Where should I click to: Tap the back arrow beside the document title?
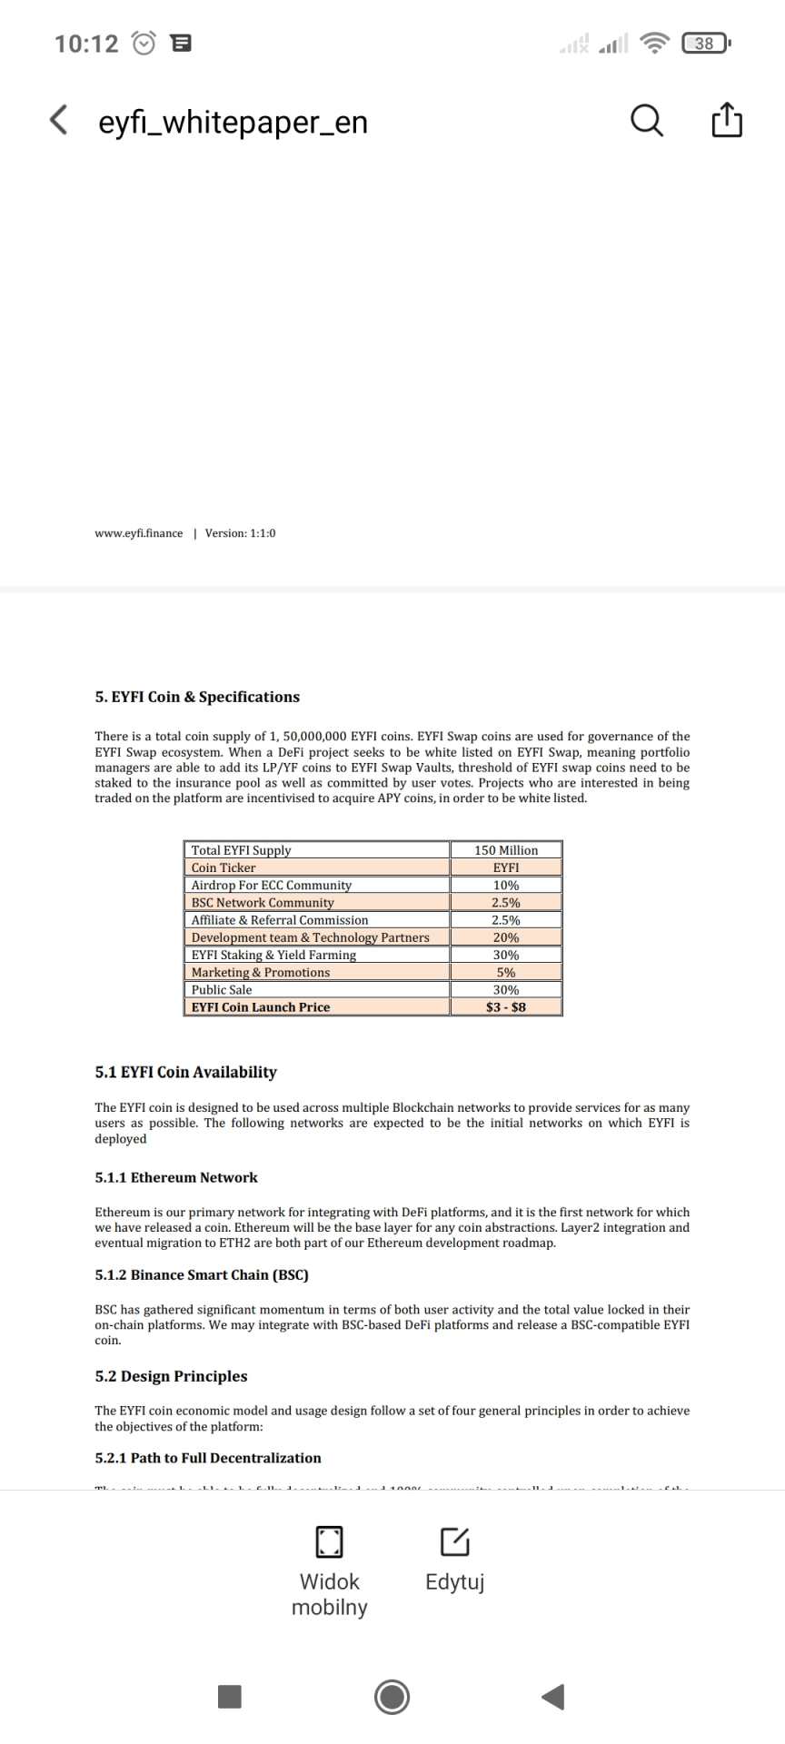point(59,120)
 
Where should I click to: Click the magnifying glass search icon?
point(646,120)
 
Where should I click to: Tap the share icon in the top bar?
point(727,120)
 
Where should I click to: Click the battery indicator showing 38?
point(705,43)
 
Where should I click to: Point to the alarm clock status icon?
point(144,43)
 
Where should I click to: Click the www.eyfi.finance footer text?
point(138,533)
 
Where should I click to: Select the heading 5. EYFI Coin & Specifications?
point(197,697)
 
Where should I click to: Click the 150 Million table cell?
point(506,850)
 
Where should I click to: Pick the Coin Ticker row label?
point(224,867)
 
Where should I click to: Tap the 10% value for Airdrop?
point(506,885)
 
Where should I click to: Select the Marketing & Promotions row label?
point(261,972)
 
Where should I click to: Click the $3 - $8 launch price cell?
point(506,1007)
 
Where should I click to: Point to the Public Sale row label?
point(222,990)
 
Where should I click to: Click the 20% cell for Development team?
point(506,937)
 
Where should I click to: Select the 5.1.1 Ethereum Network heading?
point(176,1177)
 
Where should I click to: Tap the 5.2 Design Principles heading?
point(171,1376)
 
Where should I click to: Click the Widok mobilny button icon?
point(329,1541)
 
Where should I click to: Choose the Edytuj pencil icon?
point(454,1541)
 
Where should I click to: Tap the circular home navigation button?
point(392,1697)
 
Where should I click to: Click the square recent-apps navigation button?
point(230,1697)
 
